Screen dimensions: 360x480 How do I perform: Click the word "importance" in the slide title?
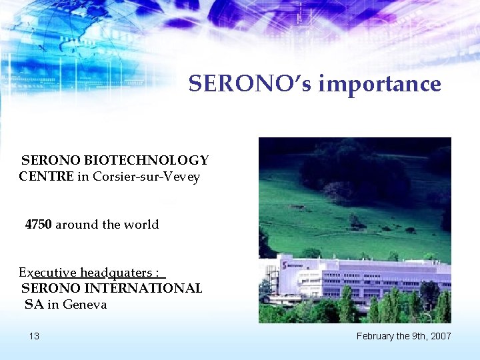pyautogui.click(x=379, y=84)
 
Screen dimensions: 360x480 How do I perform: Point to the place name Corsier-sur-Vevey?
pyautogui.click(x=147, y=177)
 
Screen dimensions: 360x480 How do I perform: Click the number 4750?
pyautogui.click(x=39, y=225)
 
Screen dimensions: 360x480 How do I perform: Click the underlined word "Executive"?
pyautogui.click(x=47, y=273)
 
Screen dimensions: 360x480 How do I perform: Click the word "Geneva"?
pyautogui.click(x=85, y=305)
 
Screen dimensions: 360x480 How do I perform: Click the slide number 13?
pyautogui.click(x=34, y=336)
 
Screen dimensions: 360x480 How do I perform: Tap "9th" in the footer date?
pyautogui.click(x=416, y=336)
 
